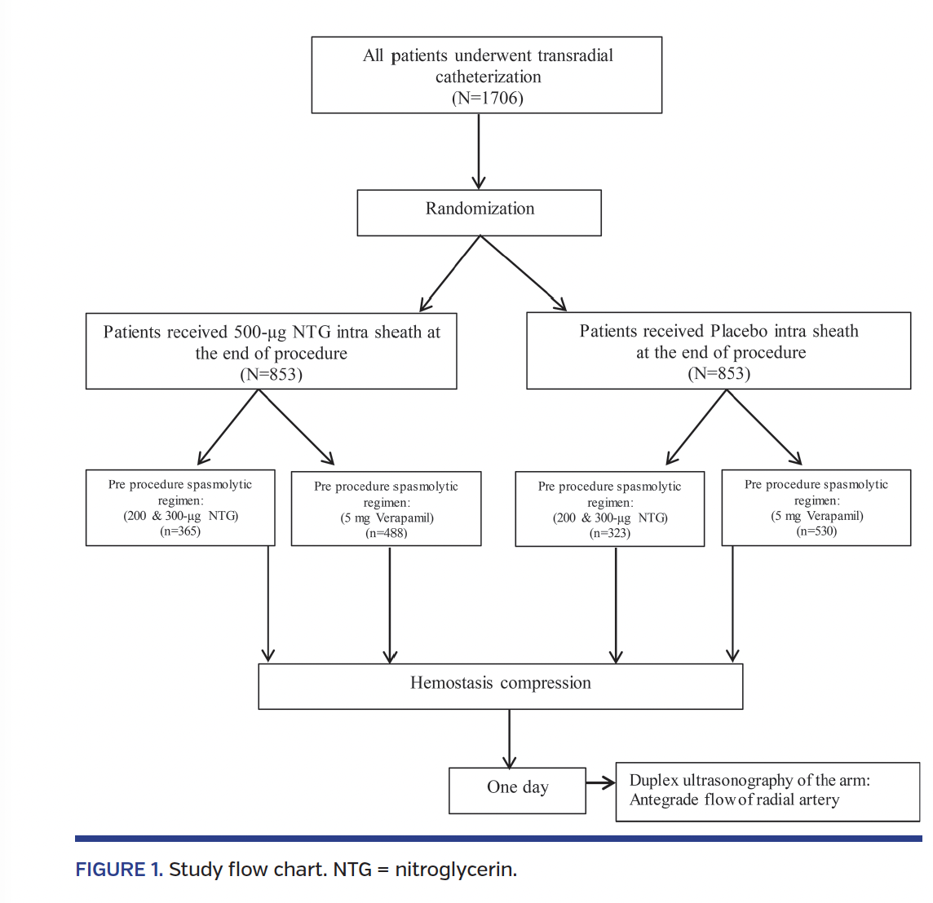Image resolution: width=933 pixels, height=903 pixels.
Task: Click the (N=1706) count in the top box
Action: (487, 98)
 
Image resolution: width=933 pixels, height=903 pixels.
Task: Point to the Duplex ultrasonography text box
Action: (767, 791)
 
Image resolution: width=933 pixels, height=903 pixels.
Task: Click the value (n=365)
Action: (180, 531)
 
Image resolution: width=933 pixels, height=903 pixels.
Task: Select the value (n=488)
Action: (386, 533)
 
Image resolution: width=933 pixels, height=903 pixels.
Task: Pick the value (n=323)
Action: (609, 533)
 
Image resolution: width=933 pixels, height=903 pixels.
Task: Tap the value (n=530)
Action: (816, 531)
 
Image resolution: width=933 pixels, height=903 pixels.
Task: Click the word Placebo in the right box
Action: (741, 331)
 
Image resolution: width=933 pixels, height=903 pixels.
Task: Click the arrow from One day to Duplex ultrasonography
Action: (600, 783)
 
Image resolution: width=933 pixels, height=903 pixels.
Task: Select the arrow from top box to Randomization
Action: (479, 152)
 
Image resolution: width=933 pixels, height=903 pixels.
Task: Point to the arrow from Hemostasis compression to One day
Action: (510, 738)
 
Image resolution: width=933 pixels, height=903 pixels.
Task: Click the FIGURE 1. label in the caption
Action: (119, 870)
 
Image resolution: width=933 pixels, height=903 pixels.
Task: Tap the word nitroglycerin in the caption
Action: (455, 870)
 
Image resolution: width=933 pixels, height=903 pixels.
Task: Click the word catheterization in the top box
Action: (488, 77)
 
